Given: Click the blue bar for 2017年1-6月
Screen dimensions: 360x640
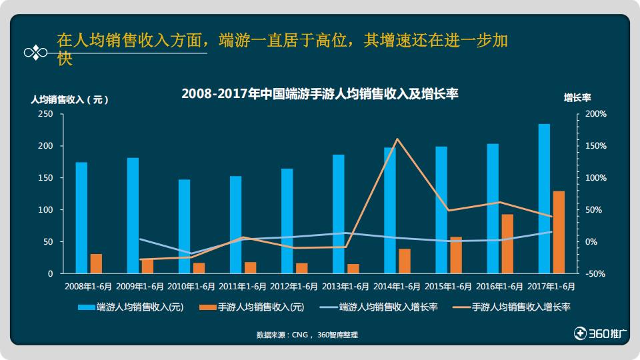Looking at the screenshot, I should tap(544, 199).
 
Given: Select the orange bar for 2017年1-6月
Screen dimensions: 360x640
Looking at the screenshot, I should tap(559, 232).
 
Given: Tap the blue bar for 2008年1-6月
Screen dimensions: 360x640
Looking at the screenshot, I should tap(81, 217).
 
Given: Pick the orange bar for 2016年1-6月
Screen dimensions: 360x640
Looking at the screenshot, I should tap(507, 243).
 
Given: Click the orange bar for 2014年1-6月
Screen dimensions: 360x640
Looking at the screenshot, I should tap(405, 261).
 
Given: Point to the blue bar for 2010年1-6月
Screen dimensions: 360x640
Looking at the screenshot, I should tap(184, 226).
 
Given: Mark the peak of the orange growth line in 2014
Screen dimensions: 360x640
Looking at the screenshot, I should tap(397, 139).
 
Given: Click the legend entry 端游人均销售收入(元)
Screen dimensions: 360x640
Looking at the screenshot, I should tap(131, 307).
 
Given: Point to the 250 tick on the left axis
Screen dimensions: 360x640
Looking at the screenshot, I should tap(45, 114).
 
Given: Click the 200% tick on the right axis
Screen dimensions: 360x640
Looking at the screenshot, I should tap(595, 114).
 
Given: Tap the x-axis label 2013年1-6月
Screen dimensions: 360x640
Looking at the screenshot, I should tap(346, 287).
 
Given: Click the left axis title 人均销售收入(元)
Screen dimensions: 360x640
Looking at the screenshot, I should tap(69, 99).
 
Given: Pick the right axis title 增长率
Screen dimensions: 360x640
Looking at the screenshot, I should tap(577, 97).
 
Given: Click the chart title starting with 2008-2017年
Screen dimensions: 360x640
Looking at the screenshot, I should tap(320, 94).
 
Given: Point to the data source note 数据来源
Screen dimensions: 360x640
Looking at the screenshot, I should tap(307, 335).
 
